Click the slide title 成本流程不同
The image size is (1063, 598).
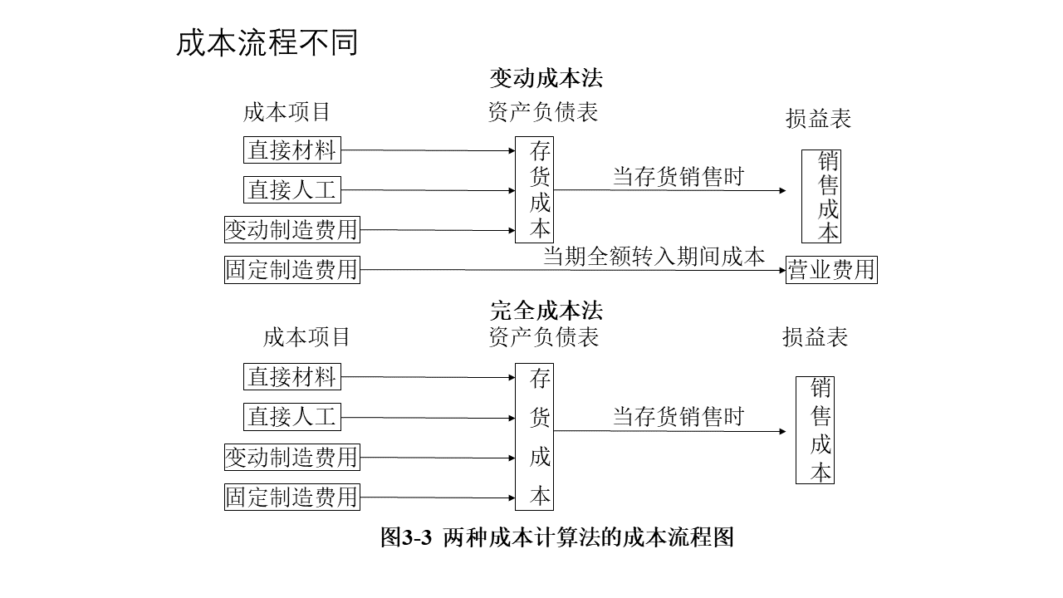(x=267, y=42)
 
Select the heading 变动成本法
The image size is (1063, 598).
(x=546, y=78)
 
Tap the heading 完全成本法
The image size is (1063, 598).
(x=546, y=311)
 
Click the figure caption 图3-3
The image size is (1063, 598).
(x=406, y=537)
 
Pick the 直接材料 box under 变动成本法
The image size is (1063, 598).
(x=292, y=150)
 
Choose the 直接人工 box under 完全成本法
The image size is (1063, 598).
(x=292, y=417)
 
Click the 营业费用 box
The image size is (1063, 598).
(x=831, y=270)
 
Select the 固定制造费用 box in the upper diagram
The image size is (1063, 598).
(x=292, y=270)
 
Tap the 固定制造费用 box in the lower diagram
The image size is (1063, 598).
(x=292, y=497)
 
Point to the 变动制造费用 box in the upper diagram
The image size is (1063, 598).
(x=292, y=230)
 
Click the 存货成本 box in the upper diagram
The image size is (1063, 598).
(x=534, y=190)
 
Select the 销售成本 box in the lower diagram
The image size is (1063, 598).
(x=815, y=430)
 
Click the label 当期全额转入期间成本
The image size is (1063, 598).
(x=654, y=257)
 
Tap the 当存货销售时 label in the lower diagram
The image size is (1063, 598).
(x=678, y=417)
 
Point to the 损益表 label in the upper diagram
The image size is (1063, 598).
(x=819, y=118)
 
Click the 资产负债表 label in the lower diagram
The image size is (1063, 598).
(x=544, y=337)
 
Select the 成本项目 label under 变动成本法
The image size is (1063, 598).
(x=287, y=112)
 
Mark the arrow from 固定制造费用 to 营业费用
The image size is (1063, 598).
(x=573, y=270)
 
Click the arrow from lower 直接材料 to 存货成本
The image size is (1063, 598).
(x=428, y=377)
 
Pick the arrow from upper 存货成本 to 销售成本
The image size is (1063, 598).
(x=669, y=190)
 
